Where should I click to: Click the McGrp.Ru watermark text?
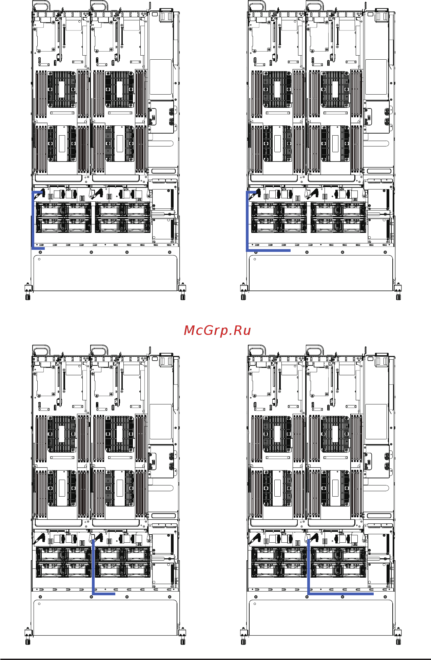tap(217, 331)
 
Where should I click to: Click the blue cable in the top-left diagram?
tap(33, 220)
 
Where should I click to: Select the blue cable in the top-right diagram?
tap(247, 224)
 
